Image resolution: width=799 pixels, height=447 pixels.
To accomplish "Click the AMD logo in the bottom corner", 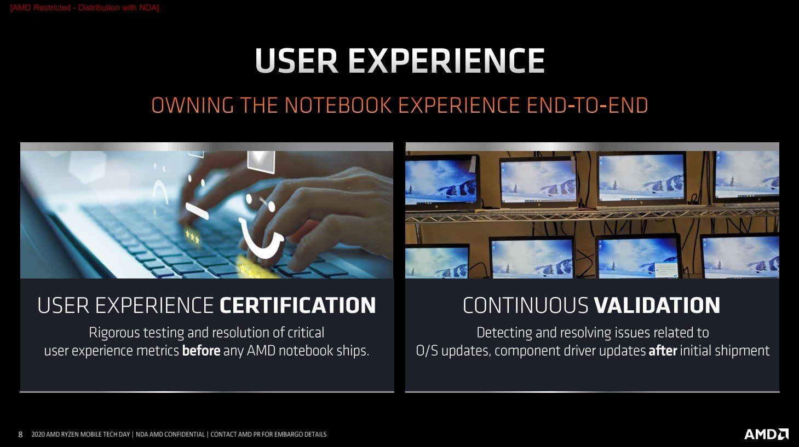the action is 766,434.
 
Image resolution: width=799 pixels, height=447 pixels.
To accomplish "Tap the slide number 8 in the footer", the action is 20,434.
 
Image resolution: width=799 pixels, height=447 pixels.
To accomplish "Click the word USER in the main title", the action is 297,61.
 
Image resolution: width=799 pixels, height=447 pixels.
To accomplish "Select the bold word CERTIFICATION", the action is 297,305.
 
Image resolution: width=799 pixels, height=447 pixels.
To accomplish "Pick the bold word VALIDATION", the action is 657,305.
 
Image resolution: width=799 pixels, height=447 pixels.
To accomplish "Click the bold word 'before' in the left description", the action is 201,351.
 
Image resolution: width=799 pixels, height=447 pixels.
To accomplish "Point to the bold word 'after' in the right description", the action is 663,351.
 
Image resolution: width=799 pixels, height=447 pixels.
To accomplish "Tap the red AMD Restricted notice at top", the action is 85,8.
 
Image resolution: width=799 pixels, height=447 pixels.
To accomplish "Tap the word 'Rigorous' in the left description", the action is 114,333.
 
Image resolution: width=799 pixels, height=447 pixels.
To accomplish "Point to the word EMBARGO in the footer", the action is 288,434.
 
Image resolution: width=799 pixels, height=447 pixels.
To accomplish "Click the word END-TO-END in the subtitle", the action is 587,105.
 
